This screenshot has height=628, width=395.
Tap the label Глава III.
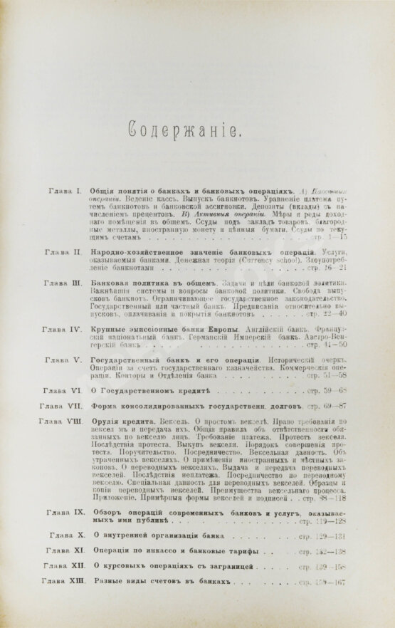point(65,283)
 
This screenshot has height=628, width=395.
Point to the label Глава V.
point(65,360)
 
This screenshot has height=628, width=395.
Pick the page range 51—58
point(350,375)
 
